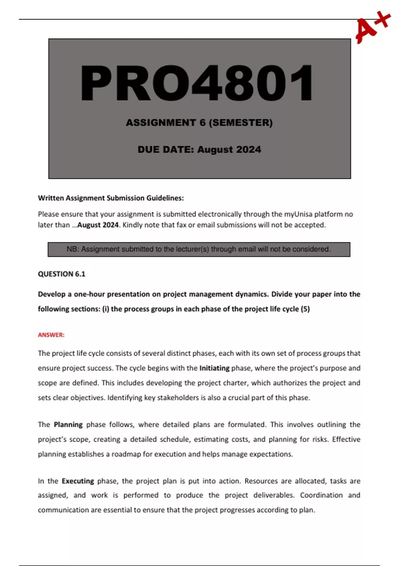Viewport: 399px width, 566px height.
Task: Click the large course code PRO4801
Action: point(197,83)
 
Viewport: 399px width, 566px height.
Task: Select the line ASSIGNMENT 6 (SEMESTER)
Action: point(199,123)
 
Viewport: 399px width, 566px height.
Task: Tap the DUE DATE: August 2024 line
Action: point(199,149)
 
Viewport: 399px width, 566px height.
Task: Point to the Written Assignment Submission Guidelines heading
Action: point(111,198)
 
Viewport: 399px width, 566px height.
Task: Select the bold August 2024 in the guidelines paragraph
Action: point(98,225)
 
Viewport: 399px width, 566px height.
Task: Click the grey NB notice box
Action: point(199,249)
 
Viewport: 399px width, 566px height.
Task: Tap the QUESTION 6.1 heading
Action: point(62,274)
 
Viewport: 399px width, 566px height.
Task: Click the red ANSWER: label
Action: point(51,335)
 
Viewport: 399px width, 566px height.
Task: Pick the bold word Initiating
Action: point(214,368)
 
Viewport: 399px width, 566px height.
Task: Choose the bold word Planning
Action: point(68,425)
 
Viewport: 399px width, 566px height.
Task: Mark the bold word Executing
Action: point(78,481)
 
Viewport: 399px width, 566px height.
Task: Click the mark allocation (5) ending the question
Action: point(305,309)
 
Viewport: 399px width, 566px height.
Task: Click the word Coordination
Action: point(321,495)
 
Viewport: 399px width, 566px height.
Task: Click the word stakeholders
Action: point(178,398)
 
